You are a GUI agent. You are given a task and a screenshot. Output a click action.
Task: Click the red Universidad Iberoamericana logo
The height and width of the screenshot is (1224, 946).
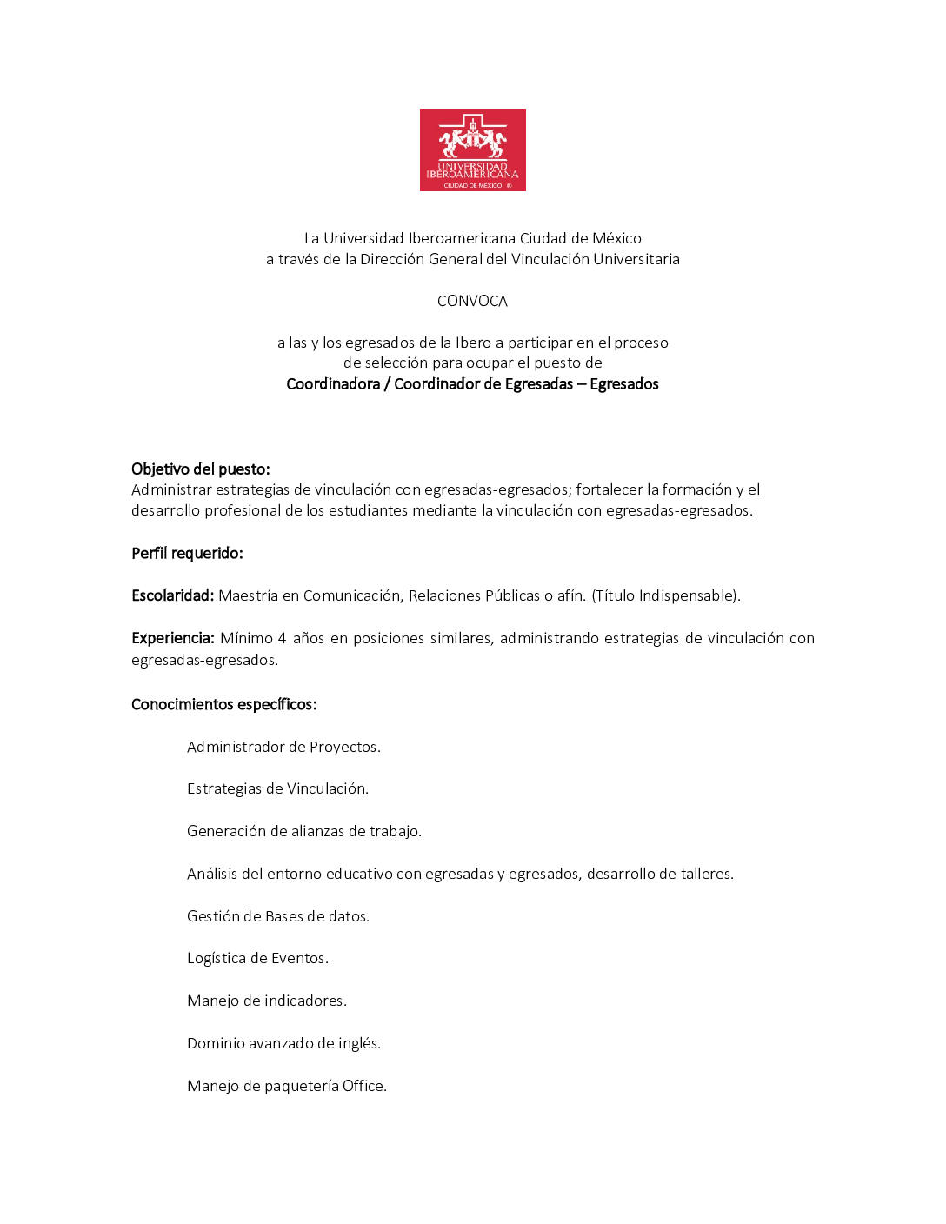472,150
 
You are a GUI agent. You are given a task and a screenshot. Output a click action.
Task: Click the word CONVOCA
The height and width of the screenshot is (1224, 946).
472,301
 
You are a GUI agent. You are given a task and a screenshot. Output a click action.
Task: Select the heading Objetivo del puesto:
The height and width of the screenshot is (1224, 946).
201,469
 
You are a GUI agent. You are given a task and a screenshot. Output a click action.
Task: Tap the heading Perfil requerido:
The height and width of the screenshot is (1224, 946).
187,553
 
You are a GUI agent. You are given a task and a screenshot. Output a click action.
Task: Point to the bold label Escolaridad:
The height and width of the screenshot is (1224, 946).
172,595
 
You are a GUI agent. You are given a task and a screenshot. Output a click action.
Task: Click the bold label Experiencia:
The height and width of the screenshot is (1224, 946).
172,638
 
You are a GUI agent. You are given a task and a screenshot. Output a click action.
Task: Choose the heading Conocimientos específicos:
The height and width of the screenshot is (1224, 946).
223,704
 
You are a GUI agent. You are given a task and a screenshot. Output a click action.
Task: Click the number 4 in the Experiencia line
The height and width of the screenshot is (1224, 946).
282,638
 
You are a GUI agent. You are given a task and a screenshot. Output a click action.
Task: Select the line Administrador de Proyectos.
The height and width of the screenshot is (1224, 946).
283,747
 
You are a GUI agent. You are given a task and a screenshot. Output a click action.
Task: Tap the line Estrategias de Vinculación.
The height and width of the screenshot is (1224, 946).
277,788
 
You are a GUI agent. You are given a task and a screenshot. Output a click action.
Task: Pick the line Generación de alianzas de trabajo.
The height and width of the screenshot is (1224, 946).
304,831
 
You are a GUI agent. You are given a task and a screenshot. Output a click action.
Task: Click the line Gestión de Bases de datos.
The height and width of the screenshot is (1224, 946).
278,916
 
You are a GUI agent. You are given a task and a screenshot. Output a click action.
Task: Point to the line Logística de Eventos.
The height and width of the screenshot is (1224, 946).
257,958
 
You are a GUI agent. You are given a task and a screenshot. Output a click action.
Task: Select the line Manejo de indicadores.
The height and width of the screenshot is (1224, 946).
267,1001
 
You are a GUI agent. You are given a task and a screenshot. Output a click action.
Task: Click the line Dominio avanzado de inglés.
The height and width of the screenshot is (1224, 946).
283,1043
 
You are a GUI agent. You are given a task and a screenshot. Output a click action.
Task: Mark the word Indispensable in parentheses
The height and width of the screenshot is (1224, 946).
686,595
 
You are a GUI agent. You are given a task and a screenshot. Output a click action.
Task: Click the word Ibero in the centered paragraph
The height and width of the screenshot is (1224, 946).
473,343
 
